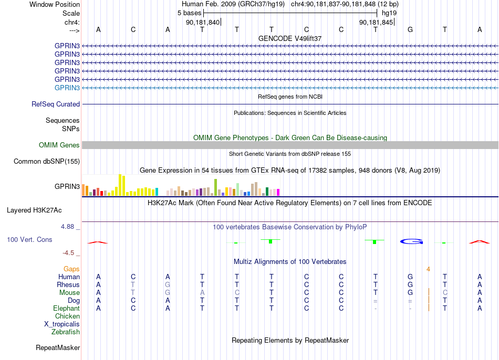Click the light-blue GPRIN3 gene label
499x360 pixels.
click(x=67, y=88)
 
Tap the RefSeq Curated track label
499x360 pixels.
click(x=56, y=104)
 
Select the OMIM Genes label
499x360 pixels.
click(x=59, y=145)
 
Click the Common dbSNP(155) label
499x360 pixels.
click(x=47, y=161)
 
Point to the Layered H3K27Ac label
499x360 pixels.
click(x=34, y=210)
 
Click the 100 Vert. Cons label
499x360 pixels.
click(x=29, y=239)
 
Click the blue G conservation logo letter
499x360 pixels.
click(x=411, y=242)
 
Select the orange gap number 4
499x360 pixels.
click(x=428, y=269)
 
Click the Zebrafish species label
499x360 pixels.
click(x=66, y=332)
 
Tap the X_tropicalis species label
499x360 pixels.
click(x=62, y=324)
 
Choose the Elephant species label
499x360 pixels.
click(x=67, y=308)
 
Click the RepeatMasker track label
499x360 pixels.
click(x=58, y=347)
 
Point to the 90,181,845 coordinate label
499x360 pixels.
click(x=376, y=22)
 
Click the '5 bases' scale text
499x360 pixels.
click(x=189, y=13)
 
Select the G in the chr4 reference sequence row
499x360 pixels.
click(x=410, y=29)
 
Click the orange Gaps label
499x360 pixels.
click(x=71, y=269)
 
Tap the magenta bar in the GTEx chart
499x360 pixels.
click(x=278, y=192)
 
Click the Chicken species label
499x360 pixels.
click(x=67, y=316)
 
